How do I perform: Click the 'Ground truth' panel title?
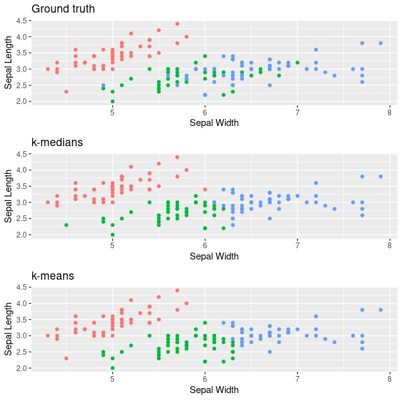click(x=63, y=9)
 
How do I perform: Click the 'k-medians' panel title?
click(x=57, y=142)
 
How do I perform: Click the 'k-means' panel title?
click(x=53, y=276)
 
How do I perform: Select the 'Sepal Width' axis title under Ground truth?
click(x=214, y=123)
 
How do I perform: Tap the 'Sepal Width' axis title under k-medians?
click(x=214, y=256)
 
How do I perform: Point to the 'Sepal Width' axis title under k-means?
click(x=214, y=390)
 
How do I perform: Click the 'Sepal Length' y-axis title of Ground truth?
click(x=9, y=61)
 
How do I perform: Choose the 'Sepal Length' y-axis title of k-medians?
click(x=9, y=195)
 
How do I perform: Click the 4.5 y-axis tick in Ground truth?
click(x=21, y=21)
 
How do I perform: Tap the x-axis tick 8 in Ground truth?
click(x=390, y=112)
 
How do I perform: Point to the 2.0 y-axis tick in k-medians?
click(x=21, y=234)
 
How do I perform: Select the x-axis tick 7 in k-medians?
click(x=297, y=246)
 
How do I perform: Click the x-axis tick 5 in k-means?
click(x=112, y=379)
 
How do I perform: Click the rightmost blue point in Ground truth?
click(x=381, y=43)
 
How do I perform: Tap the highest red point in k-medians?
click(x=177, y=157)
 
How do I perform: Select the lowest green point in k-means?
click(x=112, y=368)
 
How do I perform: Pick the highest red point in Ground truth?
click(x=177, y=24)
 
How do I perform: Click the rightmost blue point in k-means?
click(x=381, y=310)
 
